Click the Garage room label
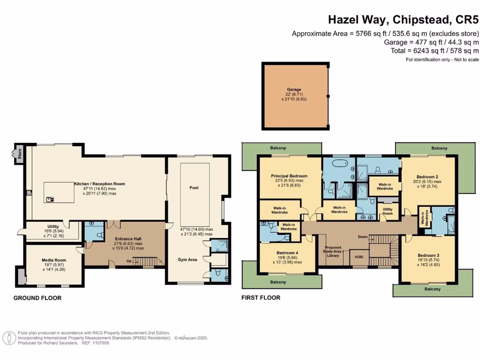click(x=294, y=89)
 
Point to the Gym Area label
click(x=187, y=259)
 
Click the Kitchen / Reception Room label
click(x=99, y=184)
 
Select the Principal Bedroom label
click(x=289, y=176)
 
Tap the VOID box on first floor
click(x=359, y=257)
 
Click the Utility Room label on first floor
click(x=388, y=211)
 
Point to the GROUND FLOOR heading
click(x=37, y=298)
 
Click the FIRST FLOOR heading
click(x=261, y=298)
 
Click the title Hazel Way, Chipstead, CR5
click(x=403, y=20)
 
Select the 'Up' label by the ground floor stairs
click(x=127, y=261)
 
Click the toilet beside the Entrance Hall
click(x=98, y=233)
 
